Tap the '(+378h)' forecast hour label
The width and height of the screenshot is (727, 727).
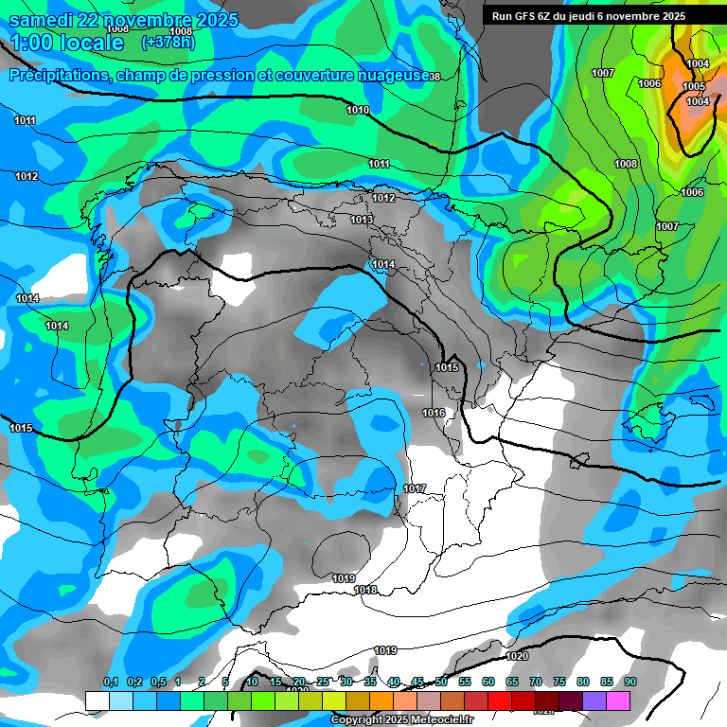click(165, 43)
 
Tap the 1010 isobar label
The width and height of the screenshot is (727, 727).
click(358, 111)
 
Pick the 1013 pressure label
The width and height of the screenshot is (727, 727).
click(362, 220)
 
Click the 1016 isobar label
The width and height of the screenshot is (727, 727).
click(434, 413)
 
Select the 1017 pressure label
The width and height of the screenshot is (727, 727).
click(414, 488)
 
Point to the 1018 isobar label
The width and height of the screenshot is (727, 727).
click(365, 590)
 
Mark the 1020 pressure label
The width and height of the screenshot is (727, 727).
click(517, 656)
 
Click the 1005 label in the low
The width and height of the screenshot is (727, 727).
click(694, 87)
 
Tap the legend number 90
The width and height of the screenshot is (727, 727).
click(629, 682)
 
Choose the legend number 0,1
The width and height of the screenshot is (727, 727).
click(110, 682)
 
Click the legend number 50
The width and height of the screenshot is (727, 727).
click(441, 682)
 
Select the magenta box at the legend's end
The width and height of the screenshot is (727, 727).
click(618, 700)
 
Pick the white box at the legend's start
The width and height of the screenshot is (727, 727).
click(97, 700)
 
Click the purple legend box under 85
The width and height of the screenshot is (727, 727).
click(594, 700)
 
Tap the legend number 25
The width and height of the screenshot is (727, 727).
click(323, 682)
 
